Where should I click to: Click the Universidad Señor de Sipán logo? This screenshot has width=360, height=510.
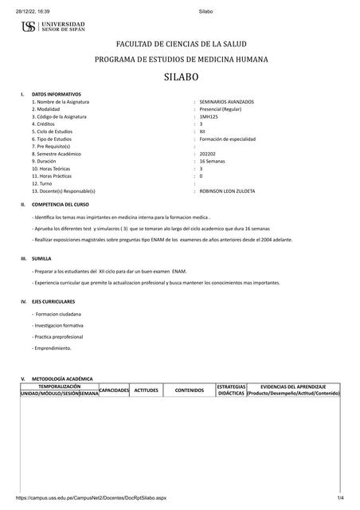tap(53, 27)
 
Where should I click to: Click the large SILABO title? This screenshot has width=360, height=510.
tap(181, 77)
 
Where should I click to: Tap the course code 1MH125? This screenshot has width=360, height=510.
tap(208, 116)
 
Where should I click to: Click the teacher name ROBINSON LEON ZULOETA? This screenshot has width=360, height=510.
tap(228, 190)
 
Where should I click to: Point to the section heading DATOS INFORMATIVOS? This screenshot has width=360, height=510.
tap(57, 94)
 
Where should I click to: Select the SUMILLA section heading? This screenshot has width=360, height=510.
tap(41, 258)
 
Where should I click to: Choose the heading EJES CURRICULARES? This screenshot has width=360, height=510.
tap(53, 301)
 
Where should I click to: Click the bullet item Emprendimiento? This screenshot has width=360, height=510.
tap(53, 347)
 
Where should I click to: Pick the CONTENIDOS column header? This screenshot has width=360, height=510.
tap(190, 390)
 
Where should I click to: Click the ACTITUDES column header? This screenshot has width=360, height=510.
tap(147, 390)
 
